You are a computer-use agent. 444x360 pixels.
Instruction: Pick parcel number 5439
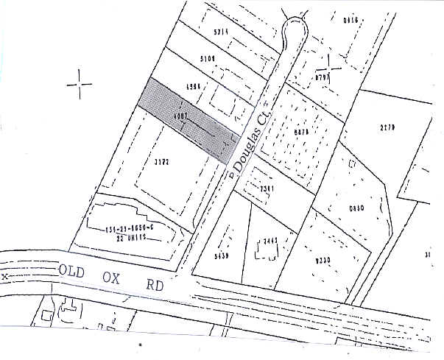point(221,257)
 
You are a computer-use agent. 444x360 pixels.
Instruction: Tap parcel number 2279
point(388,127)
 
